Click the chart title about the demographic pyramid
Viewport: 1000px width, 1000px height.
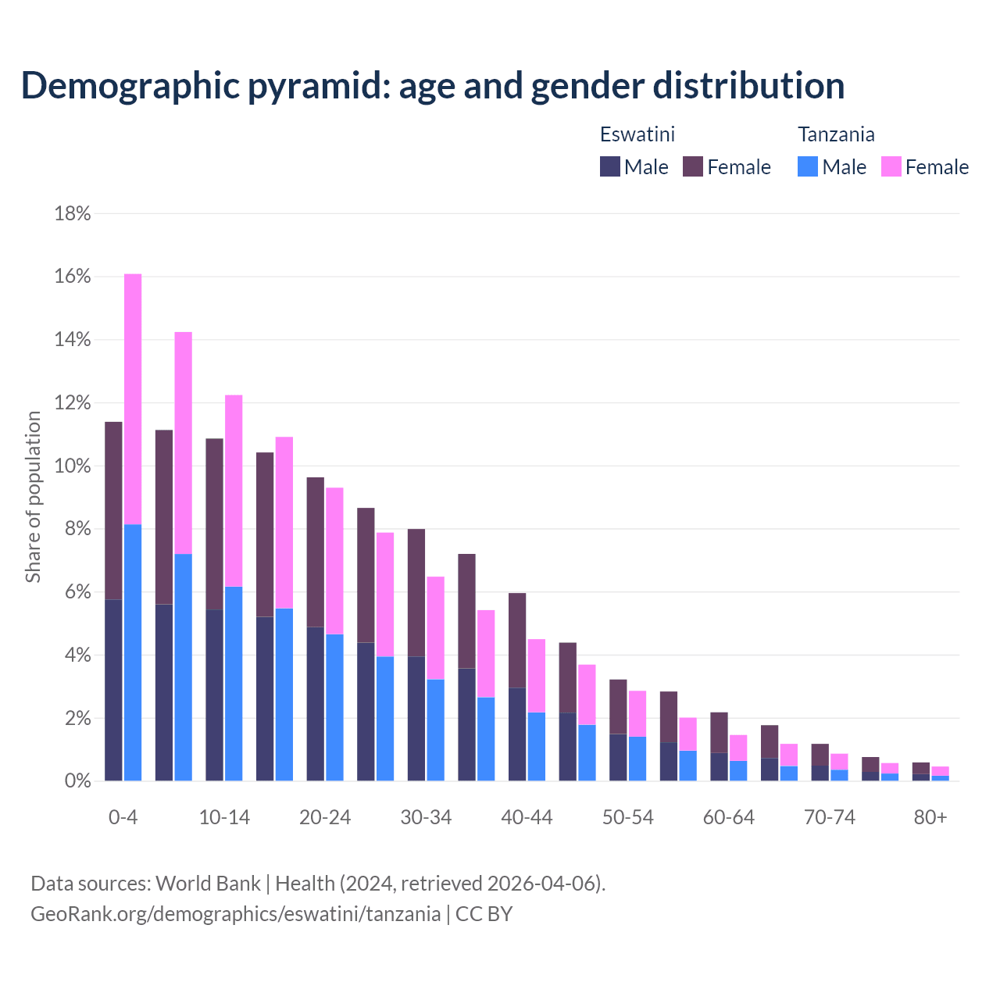pyautogui.click(x=432, y=85)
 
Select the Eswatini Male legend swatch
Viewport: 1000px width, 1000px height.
pyautogui.click(x=610, y=166)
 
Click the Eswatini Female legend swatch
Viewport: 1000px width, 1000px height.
pyautogui.click(x=693, y=166)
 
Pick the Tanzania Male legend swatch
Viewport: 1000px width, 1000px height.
pyautogui.click(x=808, y=166)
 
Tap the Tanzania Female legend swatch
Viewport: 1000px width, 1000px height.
pyautogui.click(x=891, y=166)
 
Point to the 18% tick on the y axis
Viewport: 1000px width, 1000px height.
pyautogui.click(x=73, y=213)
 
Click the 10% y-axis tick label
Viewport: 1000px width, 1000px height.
pyautogui.click(x=73, y=466)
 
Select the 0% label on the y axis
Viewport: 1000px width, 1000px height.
pyautogui.click(x=77, y=780)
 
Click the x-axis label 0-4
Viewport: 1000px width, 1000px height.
pyautogui.click(x=123, y=817)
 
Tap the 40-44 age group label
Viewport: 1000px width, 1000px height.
pyautogui.click(x=527, y=817)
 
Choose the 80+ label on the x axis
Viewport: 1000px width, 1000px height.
pyautogui.click(x=930, y=817)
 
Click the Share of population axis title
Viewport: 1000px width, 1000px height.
pyautogui.click(x=33, y=497)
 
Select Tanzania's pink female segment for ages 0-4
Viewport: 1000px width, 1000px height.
pyautogui.click(x=133, y=398)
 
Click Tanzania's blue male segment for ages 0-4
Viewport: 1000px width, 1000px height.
pyautogui.click(x=133, y=652)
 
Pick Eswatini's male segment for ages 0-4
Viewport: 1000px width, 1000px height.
pyautogui.click(x=113, y=690)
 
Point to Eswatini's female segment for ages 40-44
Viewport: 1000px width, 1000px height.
pyautogui.click(x=517, y=640)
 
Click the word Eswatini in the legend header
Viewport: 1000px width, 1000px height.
pyautogui.click(x=637, y=134)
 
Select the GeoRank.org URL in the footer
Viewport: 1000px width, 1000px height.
pyautogui.click(x=235, y=913)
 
